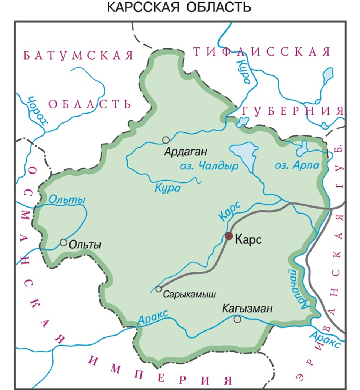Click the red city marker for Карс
tap(229, 236)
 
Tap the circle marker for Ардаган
tap(166, 139)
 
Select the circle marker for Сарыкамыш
tap(159, 289)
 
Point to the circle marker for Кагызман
tap(237, 319)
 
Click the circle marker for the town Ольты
tap(64, 242)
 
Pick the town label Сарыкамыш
tap(189, 295)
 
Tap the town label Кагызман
tap(247, 308)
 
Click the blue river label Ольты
tap(67, 200)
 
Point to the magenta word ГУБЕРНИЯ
tap(293, 111)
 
